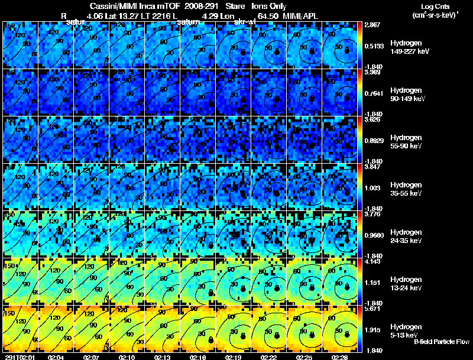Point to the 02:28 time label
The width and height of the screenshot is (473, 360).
(340, 357)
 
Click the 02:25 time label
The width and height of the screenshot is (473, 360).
(304, 357)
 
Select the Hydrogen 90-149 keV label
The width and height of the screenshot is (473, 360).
(406, 94)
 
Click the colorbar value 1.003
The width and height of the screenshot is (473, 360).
(373, 188)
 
